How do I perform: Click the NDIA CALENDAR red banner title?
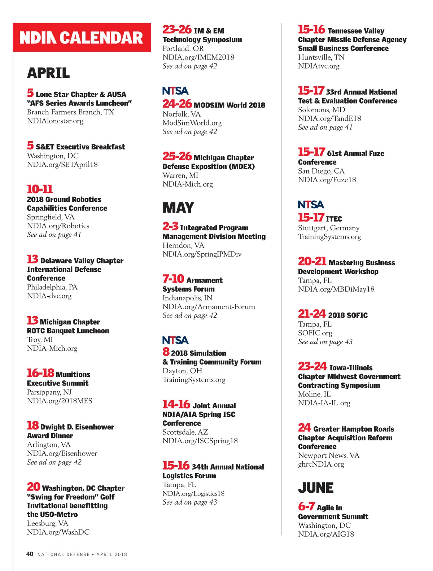click(x=81, y=38)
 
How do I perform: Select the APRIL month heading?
click(x=48, y=73)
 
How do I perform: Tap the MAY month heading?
click(x=178, y=208)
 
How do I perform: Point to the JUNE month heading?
click(x=316, y=488)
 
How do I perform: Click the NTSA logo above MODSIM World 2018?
click(x=175, y=91)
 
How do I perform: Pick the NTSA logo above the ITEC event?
click(x=311, y=205)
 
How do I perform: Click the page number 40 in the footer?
click(x=30, y=554)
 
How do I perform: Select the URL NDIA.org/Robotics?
click(x=58, y=226)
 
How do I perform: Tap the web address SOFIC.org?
click(x=315, y=333)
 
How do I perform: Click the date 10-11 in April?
click(x=40, y=189)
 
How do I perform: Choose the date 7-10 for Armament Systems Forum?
click(x=173, y=279)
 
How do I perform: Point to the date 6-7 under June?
click(x=306, y=506)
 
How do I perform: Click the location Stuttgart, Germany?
click(x=328, y=228)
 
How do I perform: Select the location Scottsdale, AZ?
click(x=185, y=432)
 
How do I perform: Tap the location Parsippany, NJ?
click(x=49, y=392)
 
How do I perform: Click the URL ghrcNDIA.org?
click(x=321, y=464)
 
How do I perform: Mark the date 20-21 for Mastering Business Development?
click(x=312, y=261)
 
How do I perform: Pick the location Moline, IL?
click(x=314, y=394)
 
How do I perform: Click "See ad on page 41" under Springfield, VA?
click(x=54, y=235)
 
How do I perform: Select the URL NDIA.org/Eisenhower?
click(x=62, y=453)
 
